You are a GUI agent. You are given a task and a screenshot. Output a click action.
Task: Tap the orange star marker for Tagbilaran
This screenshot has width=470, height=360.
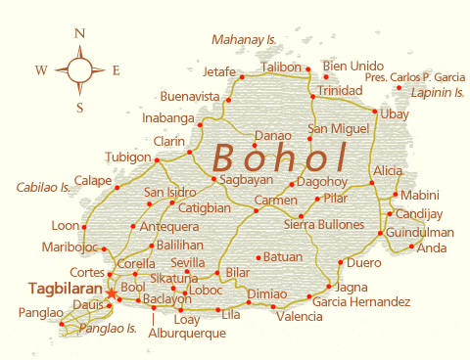112,292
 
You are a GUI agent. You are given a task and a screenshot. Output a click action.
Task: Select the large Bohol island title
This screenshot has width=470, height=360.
280,157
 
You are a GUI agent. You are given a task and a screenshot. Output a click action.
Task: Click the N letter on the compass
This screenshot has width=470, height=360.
79,33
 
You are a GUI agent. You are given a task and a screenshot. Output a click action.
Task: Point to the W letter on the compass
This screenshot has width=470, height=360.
41,70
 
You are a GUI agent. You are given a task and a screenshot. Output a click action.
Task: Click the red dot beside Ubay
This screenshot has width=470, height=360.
375,112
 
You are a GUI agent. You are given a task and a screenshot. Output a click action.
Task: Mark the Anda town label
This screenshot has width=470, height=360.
432,247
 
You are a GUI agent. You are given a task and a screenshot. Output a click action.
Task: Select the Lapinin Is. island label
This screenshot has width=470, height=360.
438,92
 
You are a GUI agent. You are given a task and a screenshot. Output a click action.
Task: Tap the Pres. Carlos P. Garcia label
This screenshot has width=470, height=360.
414,77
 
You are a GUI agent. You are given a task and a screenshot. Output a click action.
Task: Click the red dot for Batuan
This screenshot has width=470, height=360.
258,257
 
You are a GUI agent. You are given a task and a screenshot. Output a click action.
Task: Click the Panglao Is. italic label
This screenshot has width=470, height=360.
108,328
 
